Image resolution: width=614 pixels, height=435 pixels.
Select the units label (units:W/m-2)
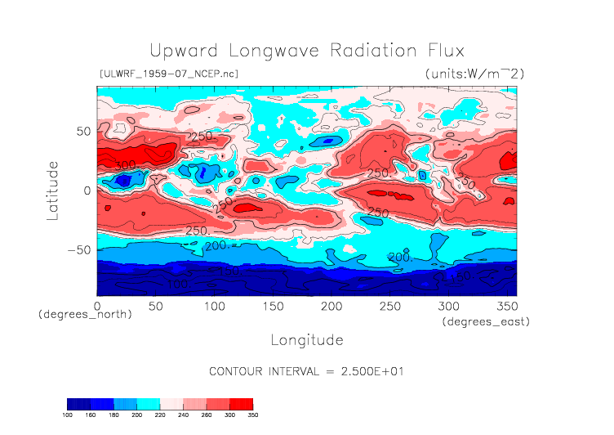coord(474,74)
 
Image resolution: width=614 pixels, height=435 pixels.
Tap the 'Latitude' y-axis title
coord(52,190)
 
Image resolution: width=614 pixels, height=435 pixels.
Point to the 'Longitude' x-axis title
coord(306,339)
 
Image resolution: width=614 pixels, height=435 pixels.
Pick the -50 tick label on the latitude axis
coord(79,250)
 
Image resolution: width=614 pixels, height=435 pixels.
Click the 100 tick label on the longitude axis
coord(214,306)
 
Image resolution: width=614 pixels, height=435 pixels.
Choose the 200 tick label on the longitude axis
coord(331,306)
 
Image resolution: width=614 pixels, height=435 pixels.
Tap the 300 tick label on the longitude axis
coord(447,306)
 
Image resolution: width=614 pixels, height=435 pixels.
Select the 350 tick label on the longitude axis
coord(505,306)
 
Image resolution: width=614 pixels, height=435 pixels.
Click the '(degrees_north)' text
coord(85,314)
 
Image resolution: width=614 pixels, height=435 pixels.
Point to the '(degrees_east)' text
coord(487,322)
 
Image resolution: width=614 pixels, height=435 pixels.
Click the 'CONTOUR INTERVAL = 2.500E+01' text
coord(307,371)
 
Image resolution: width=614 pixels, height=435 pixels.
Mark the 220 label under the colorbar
coord(160,415)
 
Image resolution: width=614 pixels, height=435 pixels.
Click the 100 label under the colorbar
coord(68,415)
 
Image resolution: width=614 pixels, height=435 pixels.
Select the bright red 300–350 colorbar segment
coord(241,404)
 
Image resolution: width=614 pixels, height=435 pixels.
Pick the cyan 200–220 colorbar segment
coord(149,404)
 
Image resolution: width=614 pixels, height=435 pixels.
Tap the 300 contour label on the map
coord(124,164)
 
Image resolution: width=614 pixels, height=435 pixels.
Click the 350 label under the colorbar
coord(251,415)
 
